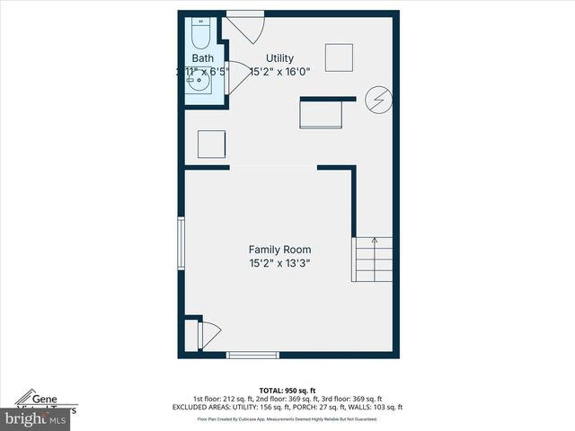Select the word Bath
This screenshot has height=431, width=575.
tap(202, 58)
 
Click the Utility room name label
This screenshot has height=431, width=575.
tap(279, 58)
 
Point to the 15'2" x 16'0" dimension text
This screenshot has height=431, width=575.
tap(279, 71)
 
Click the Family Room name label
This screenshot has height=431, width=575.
tap(279, 250)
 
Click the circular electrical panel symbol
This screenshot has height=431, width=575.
tap(378, 100)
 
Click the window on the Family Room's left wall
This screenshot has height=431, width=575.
tap(181, 245)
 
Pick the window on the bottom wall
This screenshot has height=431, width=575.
tap(252, 355)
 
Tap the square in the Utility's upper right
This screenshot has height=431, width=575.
tap(340, 57)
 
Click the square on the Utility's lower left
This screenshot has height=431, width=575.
tap(211, 145)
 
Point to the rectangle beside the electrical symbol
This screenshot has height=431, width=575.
tap(321, 113)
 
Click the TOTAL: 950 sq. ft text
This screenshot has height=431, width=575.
tap(287, 391)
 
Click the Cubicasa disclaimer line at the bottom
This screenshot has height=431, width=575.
tap(287, 418)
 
